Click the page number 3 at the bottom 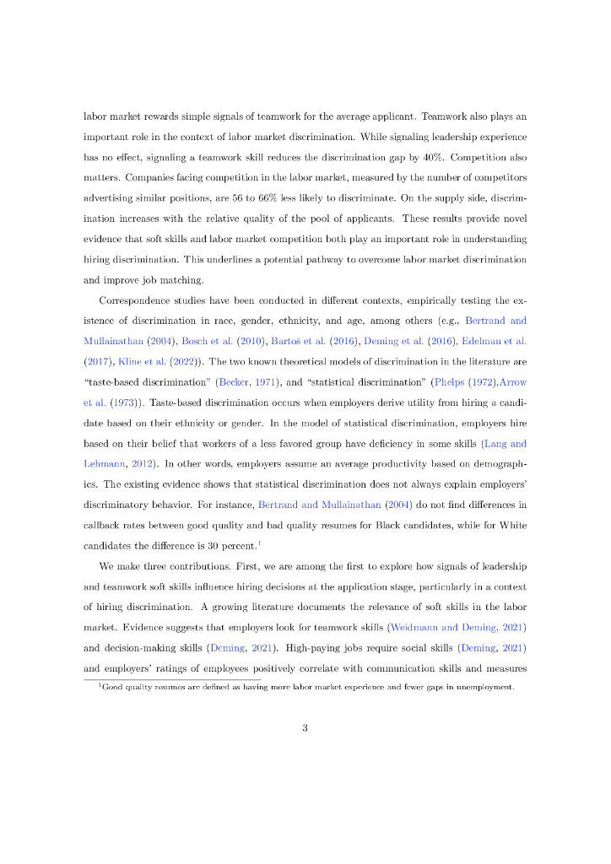click(305, 729)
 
